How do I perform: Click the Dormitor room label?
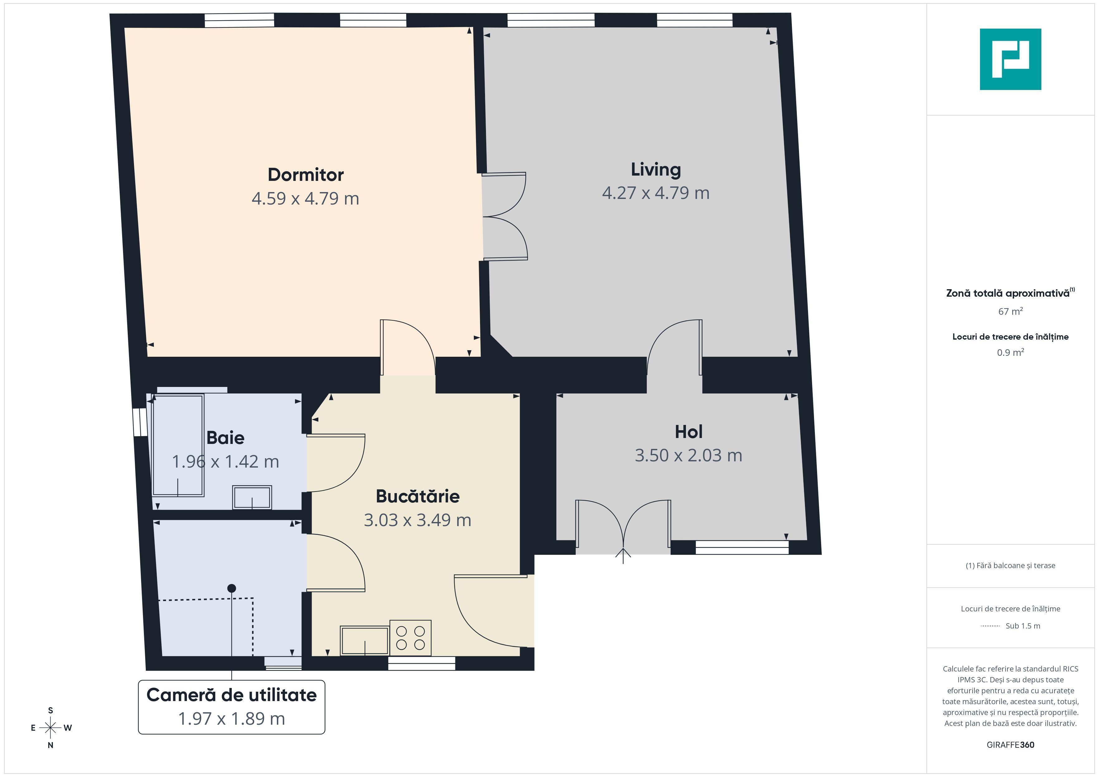305,175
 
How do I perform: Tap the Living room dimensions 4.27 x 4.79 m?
655,193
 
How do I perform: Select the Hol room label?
688,431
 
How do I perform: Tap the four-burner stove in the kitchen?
410,638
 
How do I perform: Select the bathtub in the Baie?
178,445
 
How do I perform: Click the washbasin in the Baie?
252,497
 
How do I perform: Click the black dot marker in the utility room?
232,588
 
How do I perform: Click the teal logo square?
1011,59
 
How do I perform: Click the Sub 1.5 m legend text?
1023,626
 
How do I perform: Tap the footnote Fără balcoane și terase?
1011,566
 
